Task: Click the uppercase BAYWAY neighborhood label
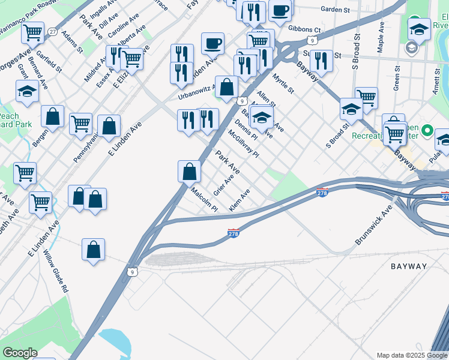(x=409, y=266)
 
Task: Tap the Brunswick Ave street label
(x=373, y=224)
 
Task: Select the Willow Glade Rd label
(x=56, y=271)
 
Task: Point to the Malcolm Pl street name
(x=204, y=200)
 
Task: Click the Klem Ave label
(x=240, y=200)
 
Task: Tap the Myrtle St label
(x=283, y=83)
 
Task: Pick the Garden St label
(x=335, y=9)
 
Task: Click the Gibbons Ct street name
(x=304, y=29)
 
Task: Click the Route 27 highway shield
(x=53, y=31)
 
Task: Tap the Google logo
(x=20, y=353)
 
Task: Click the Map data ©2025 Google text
(x=412, y=355)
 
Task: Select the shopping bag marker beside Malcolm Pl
(x=189, y=171)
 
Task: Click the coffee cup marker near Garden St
(x=280, y=10)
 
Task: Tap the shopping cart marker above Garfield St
(x=33, y=32)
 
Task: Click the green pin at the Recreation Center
(x=427, y=130)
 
